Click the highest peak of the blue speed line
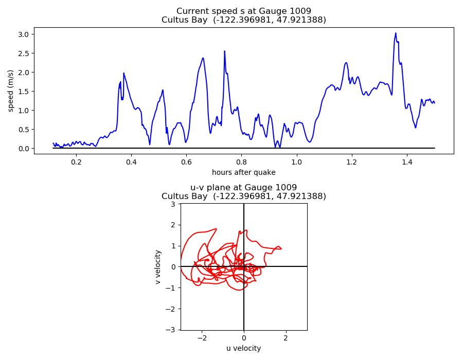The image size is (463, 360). click(x=396, y=33)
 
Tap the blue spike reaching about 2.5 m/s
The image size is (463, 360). click(x=224, y=51)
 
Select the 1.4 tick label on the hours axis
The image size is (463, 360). click(x=406, y=162)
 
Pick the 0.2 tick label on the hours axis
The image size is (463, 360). click(x=76, y=162)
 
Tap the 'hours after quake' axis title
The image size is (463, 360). click(x=243, y=172)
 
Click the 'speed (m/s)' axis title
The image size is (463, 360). click(x=11, y=91)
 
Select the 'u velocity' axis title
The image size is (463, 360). click(x=243, y=348)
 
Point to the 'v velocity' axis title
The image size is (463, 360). click(x=158, y=266)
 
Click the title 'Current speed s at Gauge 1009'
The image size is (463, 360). click(x=243, y=11)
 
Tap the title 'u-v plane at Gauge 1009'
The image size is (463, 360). click(x=243, y=188)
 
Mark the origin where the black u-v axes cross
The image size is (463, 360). click(x=244, y=266)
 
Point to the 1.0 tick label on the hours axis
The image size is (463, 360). click(x=296, y=162)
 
